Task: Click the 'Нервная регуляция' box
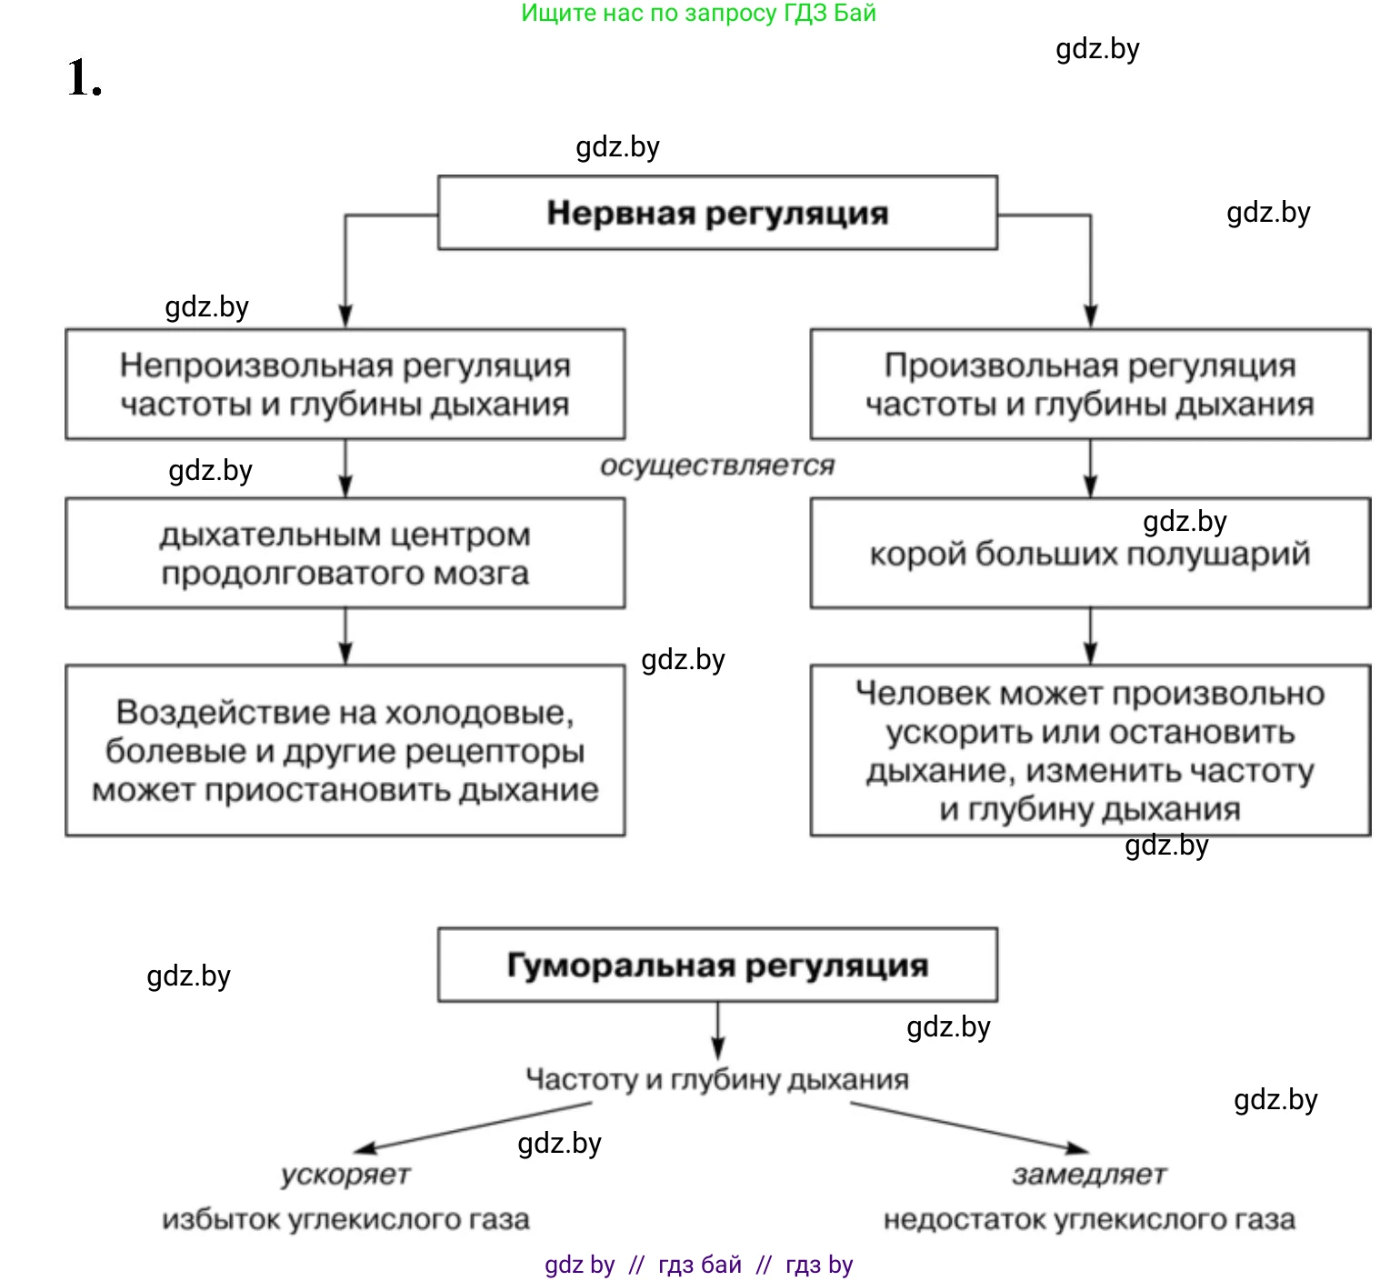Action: click(717, 213)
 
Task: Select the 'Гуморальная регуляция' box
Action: click(717, 965)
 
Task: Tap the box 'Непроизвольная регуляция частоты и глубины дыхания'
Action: click(345, 385)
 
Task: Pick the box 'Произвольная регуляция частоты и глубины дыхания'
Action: click(1090, 385)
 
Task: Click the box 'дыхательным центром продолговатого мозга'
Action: click(345, 554)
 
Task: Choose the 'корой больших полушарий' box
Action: click(1090, 554)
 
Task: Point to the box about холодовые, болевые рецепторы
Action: click(345, 751)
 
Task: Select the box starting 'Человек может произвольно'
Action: click(1090, 751)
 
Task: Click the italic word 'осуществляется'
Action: click(717, 465)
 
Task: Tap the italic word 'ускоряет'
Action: click(345, 1175)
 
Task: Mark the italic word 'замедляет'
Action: click(1089, 1175)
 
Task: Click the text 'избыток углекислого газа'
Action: click(345, 1219)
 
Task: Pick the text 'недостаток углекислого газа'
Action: click(1089, 1219)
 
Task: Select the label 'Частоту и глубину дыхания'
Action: click(717, 1079)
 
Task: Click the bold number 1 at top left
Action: click(84, 78)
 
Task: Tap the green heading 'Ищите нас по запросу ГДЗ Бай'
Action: click(698, 14)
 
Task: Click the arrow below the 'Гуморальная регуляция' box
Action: click(718, 1031)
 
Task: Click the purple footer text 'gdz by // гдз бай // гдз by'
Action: click(698, 1265)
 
